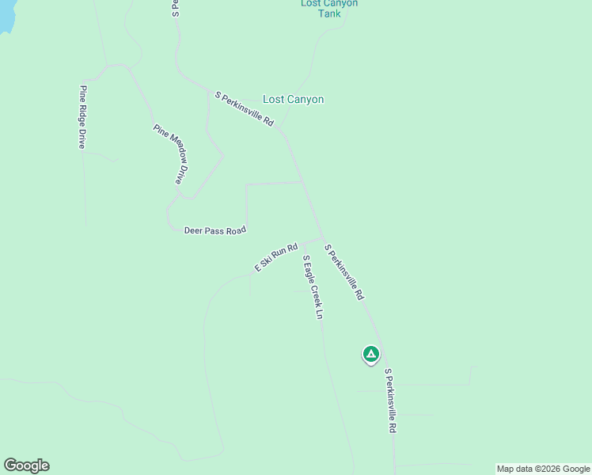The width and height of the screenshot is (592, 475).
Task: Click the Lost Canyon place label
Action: pyautogui.click(x=293, y=100)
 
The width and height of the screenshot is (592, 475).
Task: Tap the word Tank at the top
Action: pyautogui.click(x=329, y=13)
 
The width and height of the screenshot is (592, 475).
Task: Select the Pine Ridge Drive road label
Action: pyautogui.click(x=82, y=117)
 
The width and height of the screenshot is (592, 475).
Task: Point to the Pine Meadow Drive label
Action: pyautogui.click(x=173, y=154)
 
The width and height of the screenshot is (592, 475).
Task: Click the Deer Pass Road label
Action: pyautogui.click(x=215, y=230)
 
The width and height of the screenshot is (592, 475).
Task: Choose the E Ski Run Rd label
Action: pyautogui.click(x=275, y=257)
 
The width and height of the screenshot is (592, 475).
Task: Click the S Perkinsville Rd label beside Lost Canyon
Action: pyautogui.click(x=245, y=109)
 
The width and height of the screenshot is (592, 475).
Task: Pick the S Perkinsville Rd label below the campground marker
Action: pyautogui.click(x=389, y=400)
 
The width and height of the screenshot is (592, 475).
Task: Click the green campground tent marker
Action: pyautogui.click(x=370, y=354)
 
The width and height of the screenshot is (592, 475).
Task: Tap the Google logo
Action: pyautogui.click(x=26, y=465)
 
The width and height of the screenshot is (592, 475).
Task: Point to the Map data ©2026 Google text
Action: pyautogui.click(x=543, y=469)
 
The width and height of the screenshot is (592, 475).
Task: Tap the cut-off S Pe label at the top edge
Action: pyautogui.click(x=175, y=9)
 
